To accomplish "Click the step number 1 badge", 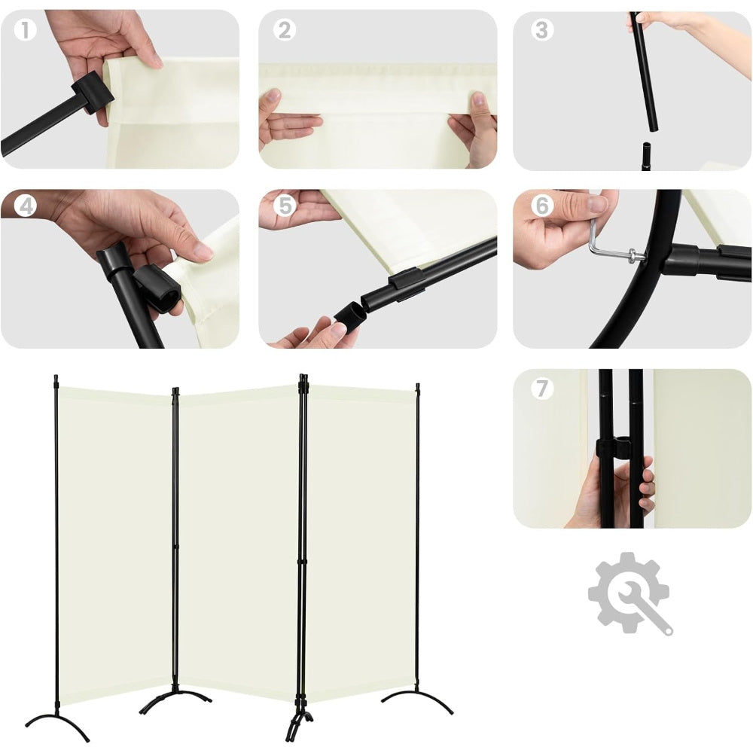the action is tap(25, 30).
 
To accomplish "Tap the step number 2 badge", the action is tap(285, 30).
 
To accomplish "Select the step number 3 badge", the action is tap(542, 30).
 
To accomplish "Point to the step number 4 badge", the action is tap(25, 206).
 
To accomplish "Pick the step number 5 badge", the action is tap(285, 206).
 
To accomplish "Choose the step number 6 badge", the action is tap(542, 206).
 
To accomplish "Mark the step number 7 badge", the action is tap(542, 388).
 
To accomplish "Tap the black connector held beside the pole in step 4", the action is tap(158, 291).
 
